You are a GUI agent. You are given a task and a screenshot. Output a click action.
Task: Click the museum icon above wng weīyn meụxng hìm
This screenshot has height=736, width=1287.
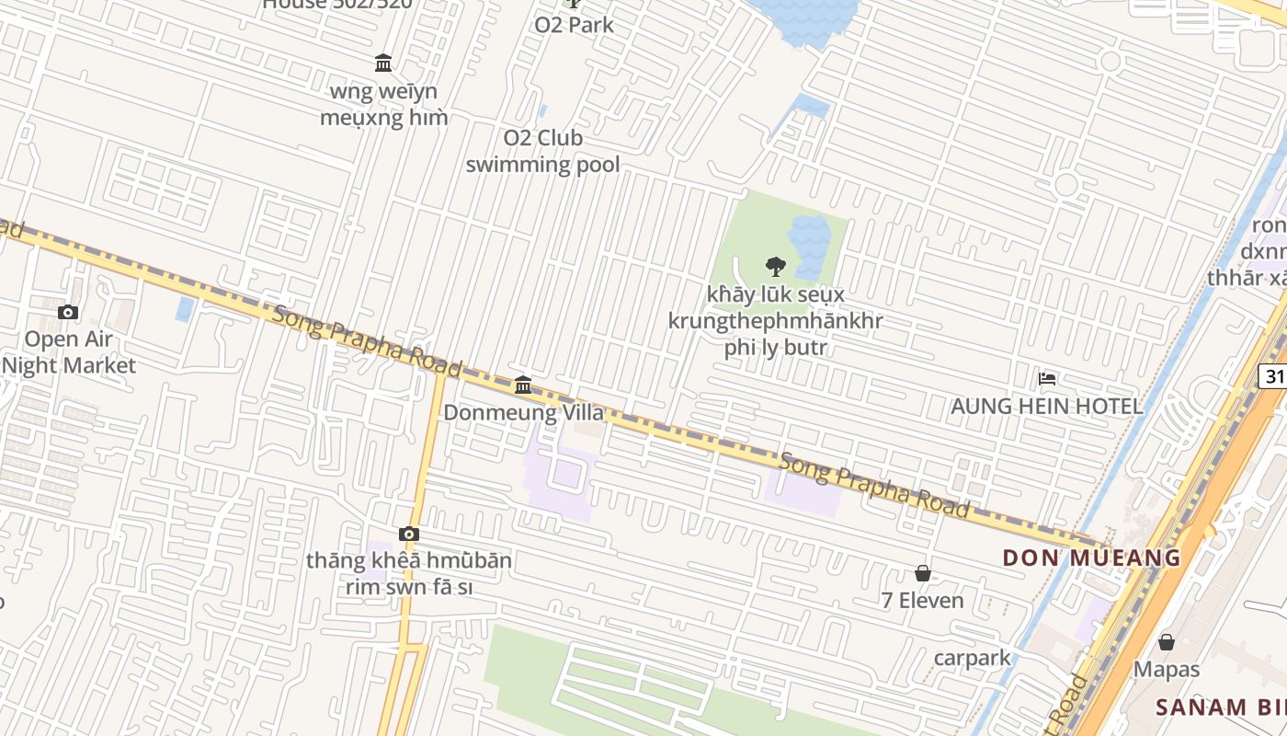[383, 63]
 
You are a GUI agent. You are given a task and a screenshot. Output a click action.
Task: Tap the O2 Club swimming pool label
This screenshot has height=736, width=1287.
[542, 152]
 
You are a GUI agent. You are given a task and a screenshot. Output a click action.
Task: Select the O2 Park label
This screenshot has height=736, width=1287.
[574, 25]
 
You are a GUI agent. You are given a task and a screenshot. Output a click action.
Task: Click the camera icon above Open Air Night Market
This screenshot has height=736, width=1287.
[68, 313]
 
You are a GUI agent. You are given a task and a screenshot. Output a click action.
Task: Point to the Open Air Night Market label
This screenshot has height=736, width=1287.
[69, 352]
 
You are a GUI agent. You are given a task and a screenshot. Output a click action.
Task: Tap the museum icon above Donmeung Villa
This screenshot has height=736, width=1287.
[523, 385]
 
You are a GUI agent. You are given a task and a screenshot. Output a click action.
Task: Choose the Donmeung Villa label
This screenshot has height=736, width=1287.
[524, 412]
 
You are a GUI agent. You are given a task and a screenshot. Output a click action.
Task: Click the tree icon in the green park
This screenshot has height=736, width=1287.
[776, 267]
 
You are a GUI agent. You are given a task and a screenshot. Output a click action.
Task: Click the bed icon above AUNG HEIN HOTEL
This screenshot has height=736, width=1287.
[1047, 378]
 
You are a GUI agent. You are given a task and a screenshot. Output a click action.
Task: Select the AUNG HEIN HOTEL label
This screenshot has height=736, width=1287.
[1047, 406]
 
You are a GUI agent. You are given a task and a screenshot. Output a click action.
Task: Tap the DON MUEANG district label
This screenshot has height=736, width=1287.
[1091, 558]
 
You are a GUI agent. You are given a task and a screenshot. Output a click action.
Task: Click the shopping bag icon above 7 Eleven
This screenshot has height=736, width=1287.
[923, 574]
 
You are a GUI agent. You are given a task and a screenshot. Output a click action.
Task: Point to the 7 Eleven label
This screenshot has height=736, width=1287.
[923, 601]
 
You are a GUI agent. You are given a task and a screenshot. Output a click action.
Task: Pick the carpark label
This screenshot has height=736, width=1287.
[972, 658]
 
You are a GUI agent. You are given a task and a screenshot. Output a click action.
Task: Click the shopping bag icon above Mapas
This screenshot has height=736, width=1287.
[1167, 642]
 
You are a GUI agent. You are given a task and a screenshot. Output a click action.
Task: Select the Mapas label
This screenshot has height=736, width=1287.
[1167, 669]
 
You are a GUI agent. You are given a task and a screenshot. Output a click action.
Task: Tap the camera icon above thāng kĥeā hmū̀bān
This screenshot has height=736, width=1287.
[409, 534]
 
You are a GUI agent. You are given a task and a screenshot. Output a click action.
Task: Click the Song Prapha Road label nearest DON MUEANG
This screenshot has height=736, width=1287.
[874, 485]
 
